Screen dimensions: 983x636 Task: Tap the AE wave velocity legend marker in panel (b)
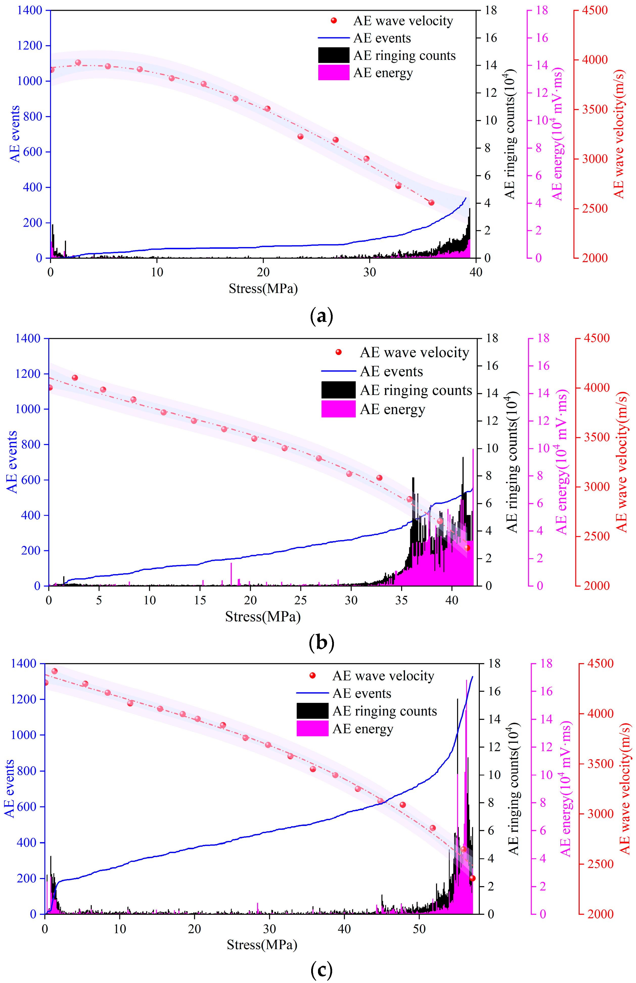[x=338, y=352]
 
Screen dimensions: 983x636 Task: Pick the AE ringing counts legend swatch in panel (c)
[x=312, y=711]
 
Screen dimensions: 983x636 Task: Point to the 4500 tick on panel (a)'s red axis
[x=595, y=10]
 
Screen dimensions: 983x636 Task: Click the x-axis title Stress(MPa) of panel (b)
[x=263, y=617]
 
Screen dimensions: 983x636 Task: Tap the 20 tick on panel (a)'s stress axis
[x=263, y=273]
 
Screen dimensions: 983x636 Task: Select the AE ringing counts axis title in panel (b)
[x=512, y=461]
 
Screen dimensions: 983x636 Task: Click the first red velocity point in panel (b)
[x=50, y=387]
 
